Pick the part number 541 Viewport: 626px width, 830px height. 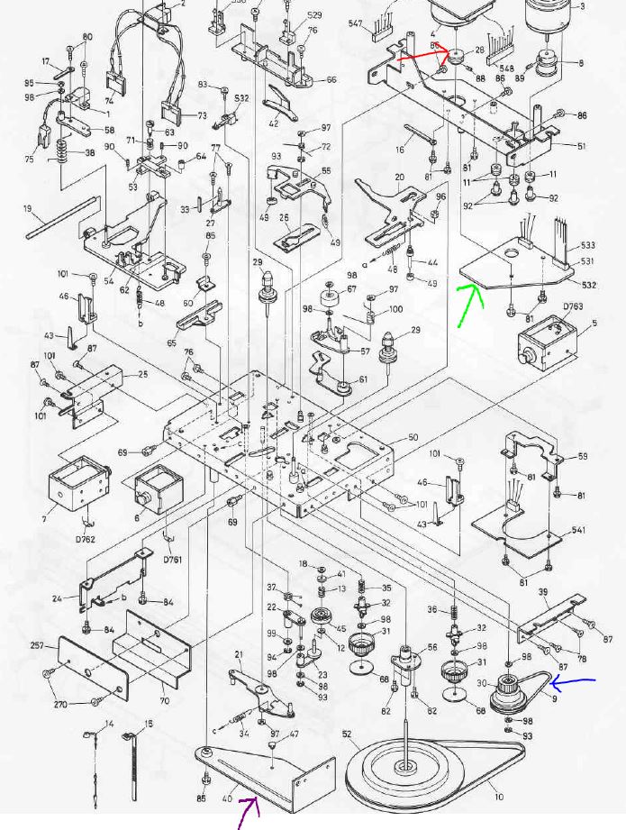[577, 530]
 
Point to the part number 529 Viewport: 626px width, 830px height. [314, 15]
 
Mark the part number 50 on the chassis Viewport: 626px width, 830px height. [413, 437]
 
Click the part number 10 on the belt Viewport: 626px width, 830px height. [498, 798]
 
